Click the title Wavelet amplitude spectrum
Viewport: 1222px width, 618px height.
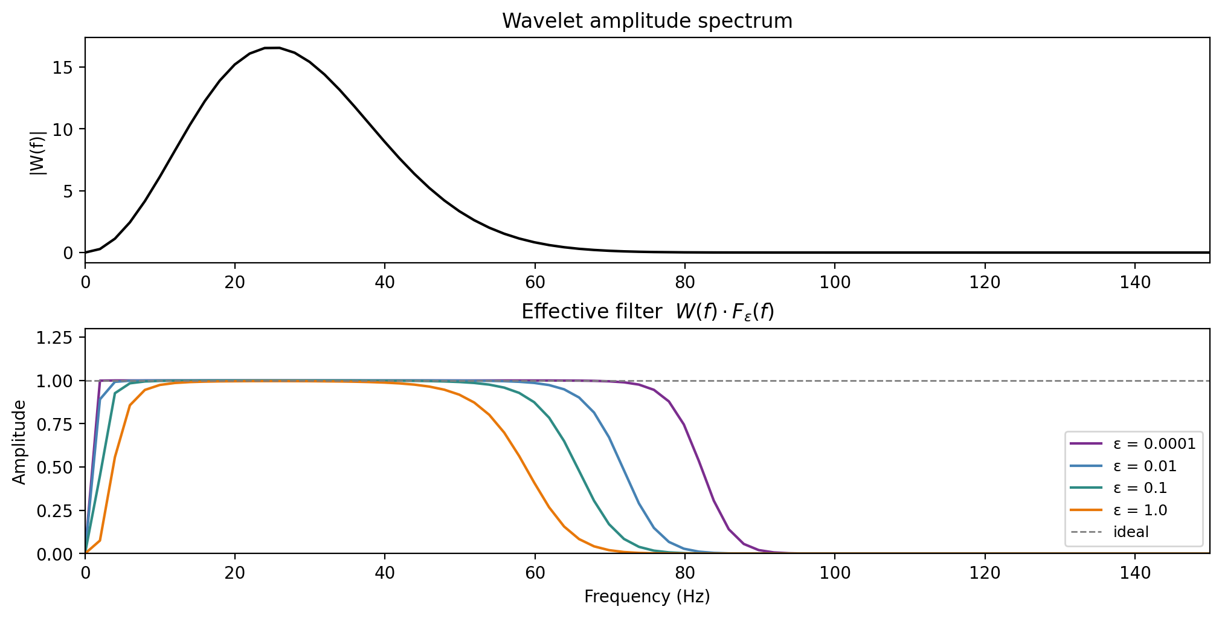point(647,21)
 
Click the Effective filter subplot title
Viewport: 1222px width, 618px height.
point(647,312)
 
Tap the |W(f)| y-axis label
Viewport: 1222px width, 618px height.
point(38,153)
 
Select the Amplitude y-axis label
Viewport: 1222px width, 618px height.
point(20,442)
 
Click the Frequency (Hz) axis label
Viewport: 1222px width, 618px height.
point(647,597)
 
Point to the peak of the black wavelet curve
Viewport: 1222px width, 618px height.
point(272,48)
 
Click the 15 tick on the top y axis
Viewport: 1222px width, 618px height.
point(62,67)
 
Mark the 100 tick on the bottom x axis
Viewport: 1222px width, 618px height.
point(835,572)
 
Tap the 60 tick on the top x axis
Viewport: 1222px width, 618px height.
point(535,282)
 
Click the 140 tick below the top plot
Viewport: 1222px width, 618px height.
point(1134,282)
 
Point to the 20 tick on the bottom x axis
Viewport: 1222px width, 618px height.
point(235,572)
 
